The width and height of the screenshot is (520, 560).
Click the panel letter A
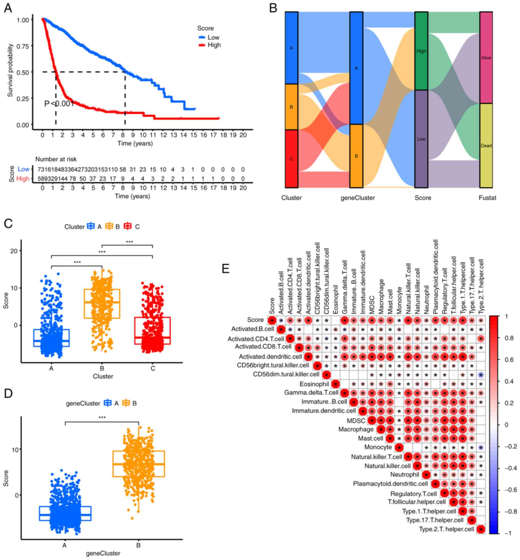point(8,8)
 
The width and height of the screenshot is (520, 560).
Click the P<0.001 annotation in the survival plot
point(59,104)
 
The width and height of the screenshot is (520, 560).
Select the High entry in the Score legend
point(214,45)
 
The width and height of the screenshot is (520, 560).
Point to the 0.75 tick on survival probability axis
point(23,46)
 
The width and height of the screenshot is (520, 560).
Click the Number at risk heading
point(56,159)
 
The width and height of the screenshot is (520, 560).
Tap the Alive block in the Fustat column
point(486,58)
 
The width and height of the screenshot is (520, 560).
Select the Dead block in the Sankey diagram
point(486,145)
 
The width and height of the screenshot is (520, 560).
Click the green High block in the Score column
point(421,51)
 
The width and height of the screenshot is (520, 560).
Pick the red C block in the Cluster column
point(291,159)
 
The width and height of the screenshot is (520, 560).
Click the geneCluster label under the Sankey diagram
point(358,198)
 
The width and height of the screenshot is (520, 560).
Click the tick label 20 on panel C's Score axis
point(14,251)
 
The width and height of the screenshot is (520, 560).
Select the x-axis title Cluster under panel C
point(103,376)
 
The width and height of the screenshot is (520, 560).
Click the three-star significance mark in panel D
point(102,417)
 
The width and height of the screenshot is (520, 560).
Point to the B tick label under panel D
point(138,545)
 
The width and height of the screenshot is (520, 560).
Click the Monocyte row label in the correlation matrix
point(378,447)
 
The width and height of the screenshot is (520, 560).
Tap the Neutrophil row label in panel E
point(404,475)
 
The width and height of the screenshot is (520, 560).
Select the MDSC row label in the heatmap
point(356,421)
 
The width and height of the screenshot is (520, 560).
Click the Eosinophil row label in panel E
point(314,384)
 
